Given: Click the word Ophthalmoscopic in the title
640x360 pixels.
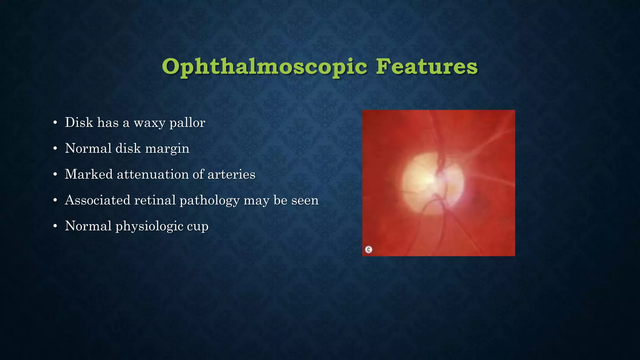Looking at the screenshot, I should click(x=264, y=67).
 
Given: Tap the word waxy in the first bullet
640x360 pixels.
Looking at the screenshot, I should click(x=149, y=123).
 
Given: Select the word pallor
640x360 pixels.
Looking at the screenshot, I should click(x=187, y=123).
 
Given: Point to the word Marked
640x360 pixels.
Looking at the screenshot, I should click(x=89, y=174).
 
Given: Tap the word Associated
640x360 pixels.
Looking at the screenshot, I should click(x=97, y=200).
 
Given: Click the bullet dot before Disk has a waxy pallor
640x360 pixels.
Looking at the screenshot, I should click(x=55, y=123).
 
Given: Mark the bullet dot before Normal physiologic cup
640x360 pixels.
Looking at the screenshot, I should click(x=55, y=226).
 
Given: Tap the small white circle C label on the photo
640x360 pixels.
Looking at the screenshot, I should click(x=369, y=249).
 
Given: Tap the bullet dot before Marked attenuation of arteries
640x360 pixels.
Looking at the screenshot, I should click(x=55, y=174).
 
